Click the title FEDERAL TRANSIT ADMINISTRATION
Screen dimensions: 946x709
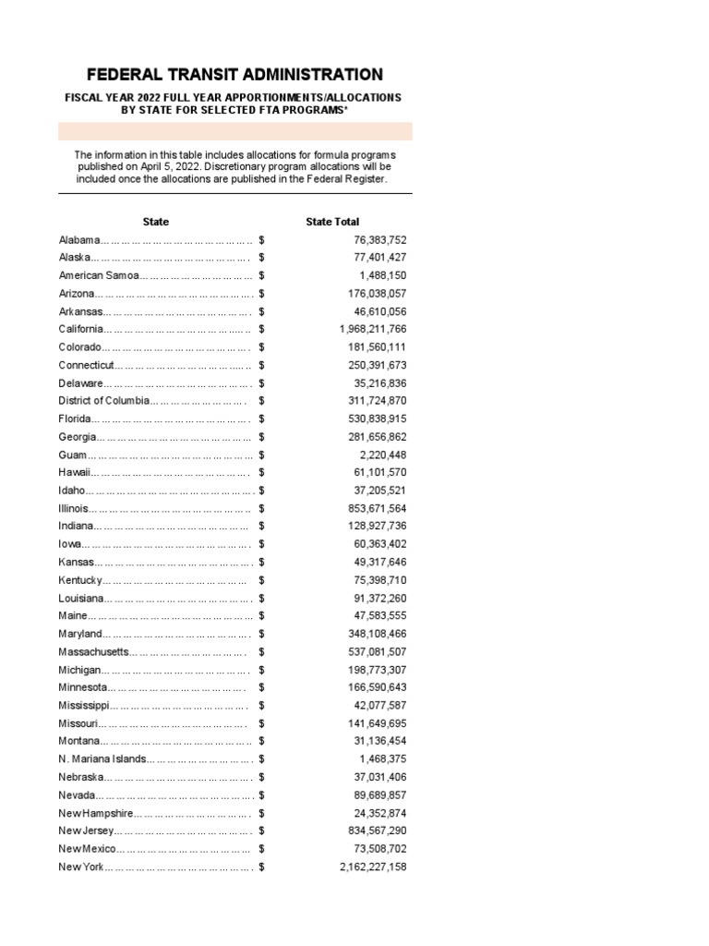234,75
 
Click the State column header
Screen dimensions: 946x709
156,222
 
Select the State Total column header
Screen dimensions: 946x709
332,222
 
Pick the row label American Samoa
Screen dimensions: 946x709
98,275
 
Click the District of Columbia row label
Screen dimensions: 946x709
102,401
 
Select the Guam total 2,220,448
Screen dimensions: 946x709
382,455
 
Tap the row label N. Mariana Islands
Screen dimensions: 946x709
102,759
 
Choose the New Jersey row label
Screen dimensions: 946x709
86,831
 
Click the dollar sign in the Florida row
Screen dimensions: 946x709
262,418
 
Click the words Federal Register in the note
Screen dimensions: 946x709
345,179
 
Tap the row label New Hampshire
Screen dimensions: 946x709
96,813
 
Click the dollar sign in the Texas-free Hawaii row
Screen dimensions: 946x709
262,472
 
